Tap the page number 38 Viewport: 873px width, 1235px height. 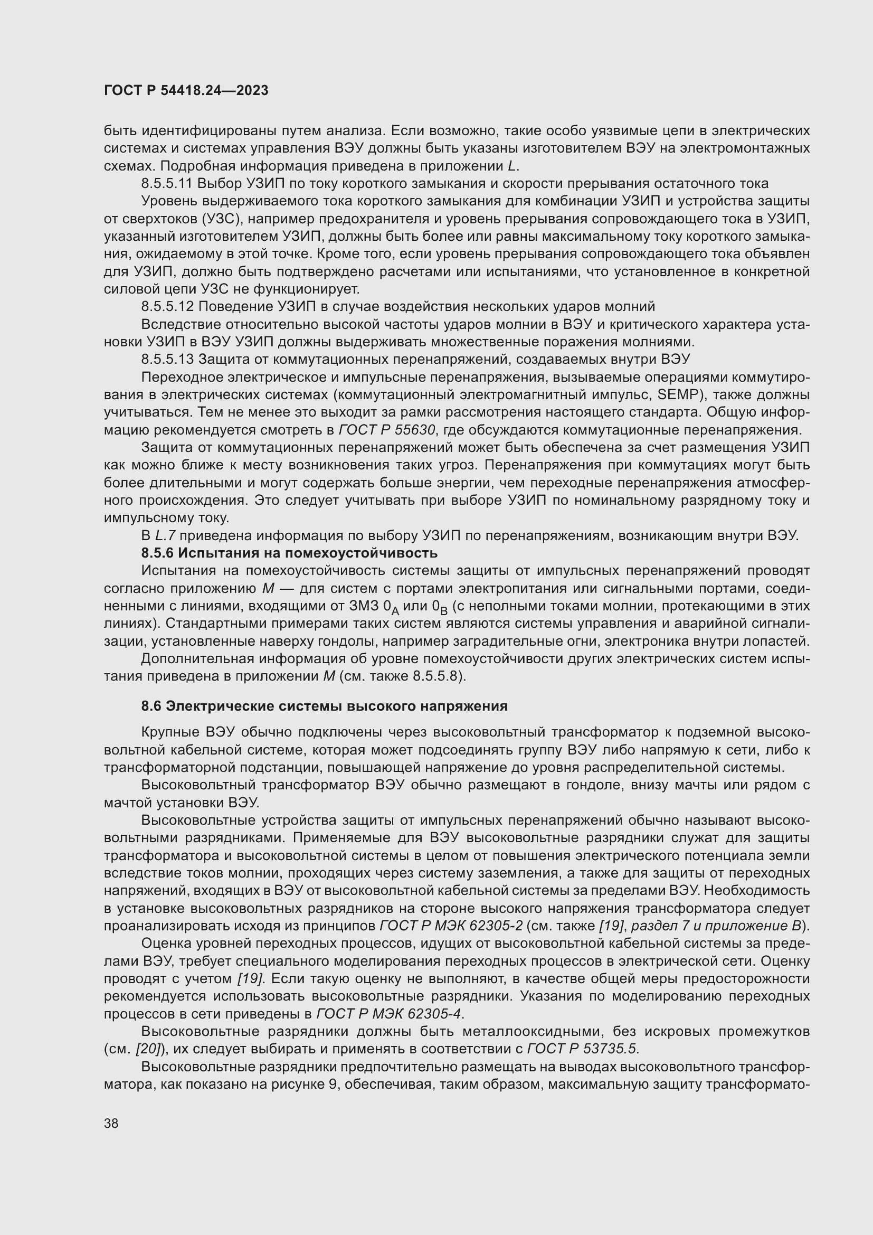[111, 1123]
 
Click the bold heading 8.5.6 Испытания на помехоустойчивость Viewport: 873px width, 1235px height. [289, 553]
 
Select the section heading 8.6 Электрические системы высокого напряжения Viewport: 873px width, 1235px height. [324, 706]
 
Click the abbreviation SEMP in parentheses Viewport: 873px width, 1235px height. [678, 395]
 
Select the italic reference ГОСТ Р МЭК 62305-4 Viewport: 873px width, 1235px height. [388, 1014]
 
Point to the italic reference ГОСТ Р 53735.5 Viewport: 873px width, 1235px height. [583, 1049]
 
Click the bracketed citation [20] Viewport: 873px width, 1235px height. [147, 1049]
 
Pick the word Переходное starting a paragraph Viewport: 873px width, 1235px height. [181, 378]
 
